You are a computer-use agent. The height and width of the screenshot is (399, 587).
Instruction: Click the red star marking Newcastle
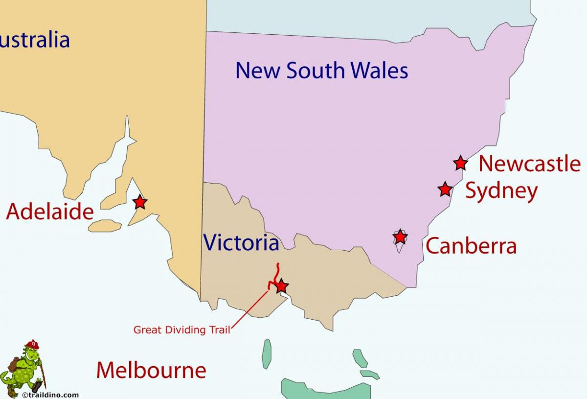460,163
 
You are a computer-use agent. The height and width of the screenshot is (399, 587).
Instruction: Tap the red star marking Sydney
445,189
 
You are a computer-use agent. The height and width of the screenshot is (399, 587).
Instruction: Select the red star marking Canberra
400,237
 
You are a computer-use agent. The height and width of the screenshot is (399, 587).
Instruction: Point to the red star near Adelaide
140,202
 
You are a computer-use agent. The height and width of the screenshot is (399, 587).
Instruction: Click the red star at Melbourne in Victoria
281,286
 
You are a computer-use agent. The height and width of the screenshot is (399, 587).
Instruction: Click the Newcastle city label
529,164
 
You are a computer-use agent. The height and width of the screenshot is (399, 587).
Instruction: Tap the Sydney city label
501,190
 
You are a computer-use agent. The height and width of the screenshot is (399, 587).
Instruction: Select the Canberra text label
471,246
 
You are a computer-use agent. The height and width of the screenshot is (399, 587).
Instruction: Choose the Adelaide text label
50,212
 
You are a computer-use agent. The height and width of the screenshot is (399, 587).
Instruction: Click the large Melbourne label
151,370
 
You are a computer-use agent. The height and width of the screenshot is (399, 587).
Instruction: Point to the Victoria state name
241,242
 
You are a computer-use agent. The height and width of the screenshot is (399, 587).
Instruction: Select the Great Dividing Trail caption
181,330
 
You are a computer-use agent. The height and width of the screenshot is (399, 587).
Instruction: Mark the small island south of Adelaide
105,226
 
